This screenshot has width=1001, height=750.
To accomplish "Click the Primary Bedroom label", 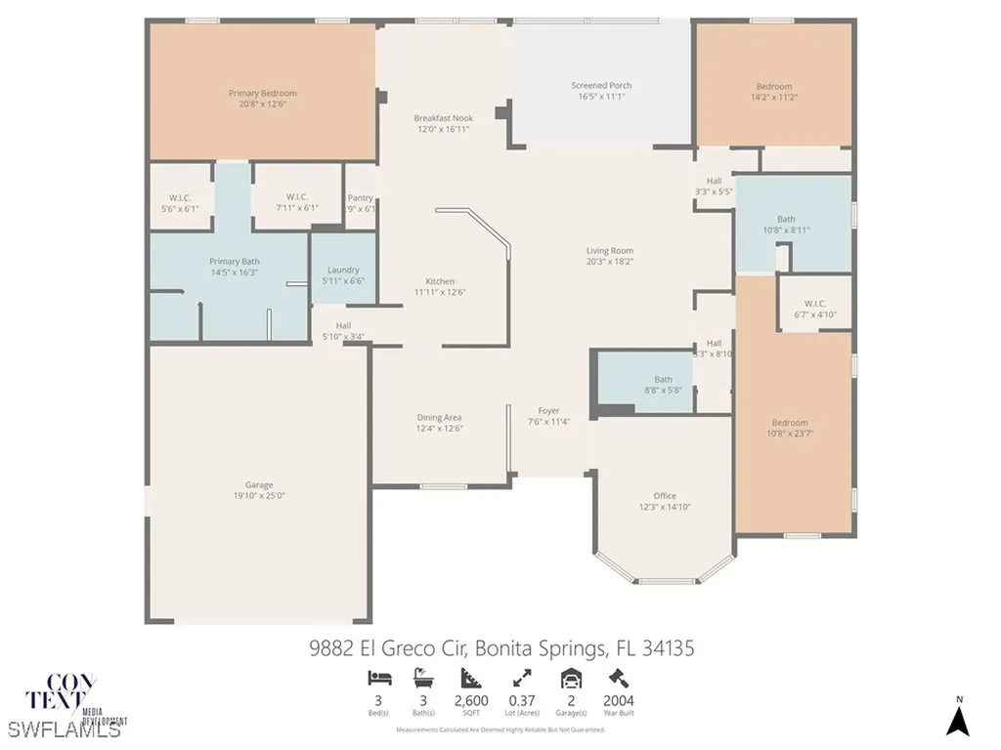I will (x=262, y=94).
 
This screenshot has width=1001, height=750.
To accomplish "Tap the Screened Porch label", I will (x=601, y=86).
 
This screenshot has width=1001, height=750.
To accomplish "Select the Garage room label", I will (x=259, y=484).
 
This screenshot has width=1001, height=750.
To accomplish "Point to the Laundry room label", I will (x=342, y=270).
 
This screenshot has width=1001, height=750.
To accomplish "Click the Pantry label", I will (x=361, y=197).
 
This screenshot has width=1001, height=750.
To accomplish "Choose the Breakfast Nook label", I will (x=443, y=118).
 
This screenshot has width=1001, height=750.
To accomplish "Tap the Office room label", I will (x=665, y=495).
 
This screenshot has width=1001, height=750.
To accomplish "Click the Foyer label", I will (x=549, y=410).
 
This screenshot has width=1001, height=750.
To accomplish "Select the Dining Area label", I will (x=439, y=417).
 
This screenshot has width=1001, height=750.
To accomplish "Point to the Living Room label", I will (x=610, y=250).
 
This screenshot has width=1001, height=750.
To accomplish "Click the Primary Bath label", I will (x=235, y=261).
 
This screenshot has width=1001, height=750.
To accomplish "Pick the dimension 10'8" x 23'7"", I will (x=789, y=434).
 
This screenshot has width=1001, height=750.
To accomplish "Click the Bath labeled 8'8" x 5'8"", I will (x=664, y=379).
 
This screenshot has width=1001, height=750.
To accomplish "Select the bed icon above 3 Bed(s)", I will (x=377, y=677).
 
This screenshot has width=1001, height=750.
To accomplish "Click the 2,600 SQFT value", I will (x=472, y=701).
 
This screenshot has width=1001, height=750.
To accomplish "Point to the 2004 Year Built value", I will (x=618, y=701).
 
